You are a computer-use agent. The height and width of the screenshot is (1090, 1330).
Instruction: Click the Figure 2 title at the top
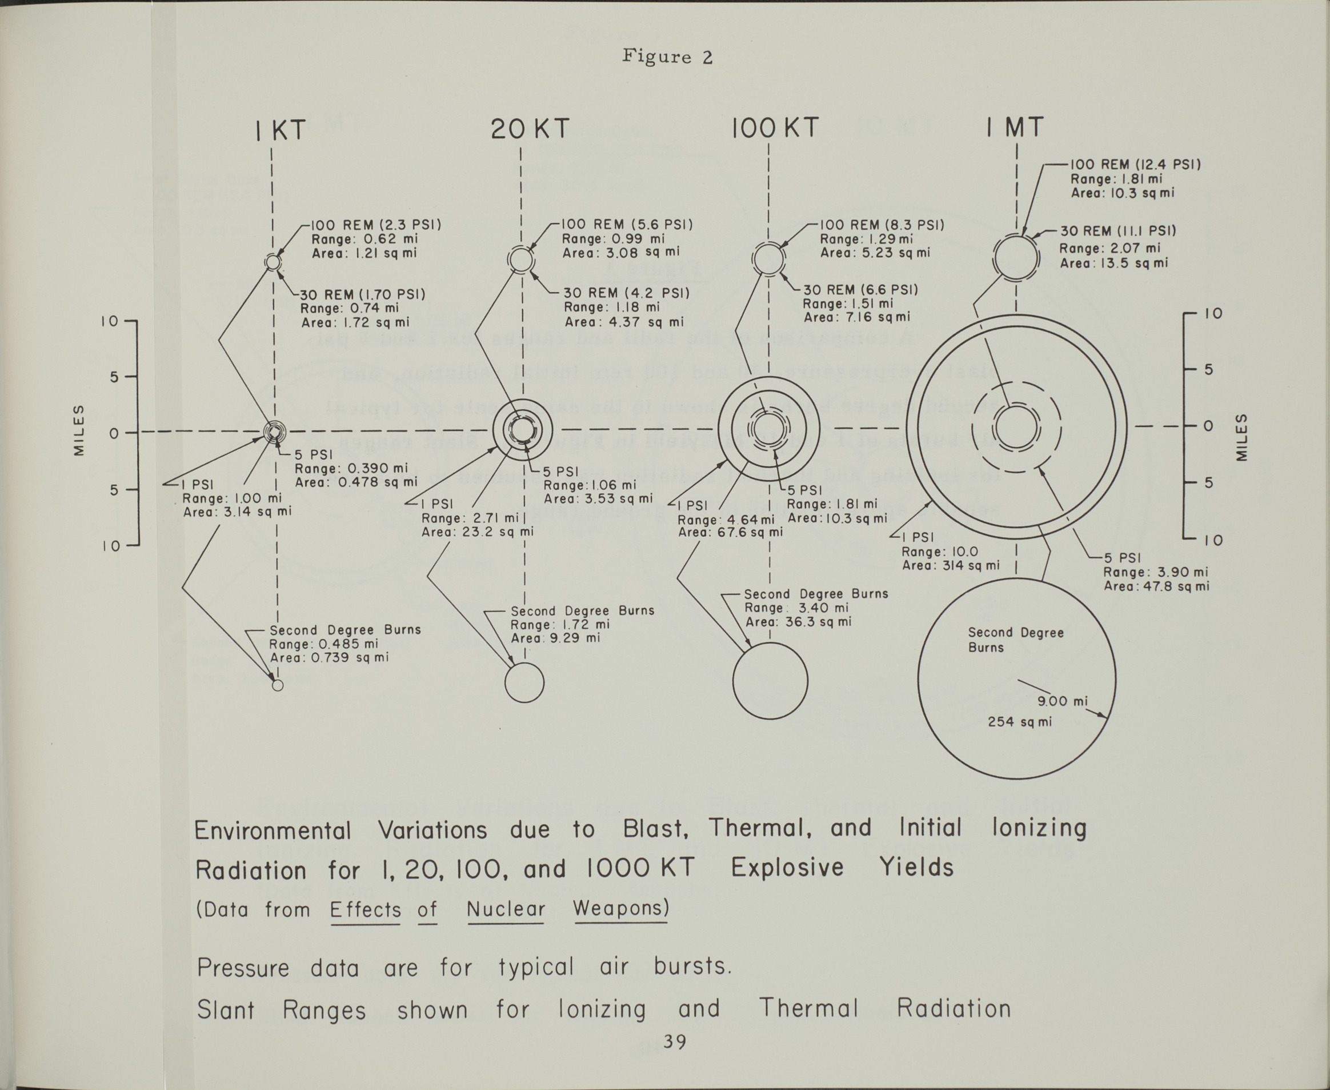(667, 57)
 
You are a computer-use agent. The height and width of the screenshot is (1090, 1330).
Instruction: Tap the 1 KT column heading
(281, 130)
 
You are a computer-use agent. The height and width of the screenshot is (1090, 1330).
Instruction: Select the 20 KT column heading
(530, 129)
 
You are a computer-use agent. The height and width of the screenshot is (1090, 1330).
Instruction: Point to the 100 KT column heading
(775, 128)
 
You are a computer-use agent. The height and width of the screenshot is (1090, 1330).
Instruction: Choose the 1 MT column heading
(1014, 127)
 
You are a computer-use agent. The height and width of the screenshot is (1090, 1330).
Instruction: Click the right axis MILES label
(1241, 438)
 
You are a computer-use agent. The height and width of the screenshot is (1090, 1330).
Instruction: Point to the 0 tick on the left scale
(113, 433)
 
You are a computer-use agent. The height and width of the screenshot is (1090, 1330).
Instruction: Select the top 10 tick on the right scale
(1214, 313)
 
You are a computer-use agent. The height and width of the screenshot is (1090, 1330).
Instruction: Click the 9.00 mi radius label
(1062, 701)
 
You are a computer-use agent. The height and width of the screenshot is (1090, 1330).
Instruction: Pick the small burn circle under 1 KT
(278, 685)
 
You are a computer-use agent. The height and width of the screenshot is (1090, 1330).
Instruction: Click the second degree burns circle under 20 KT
(524, 682)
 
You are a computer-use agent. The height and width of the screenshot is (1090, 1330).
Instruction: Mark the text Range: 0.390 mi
(351, 468)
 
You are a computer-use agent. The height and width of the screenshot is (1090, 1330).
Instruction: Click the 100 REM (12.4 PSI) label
(1135, 165)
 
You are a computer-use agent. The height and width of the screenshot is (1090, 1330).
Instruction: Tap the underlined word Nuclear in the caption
(506, 909)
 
